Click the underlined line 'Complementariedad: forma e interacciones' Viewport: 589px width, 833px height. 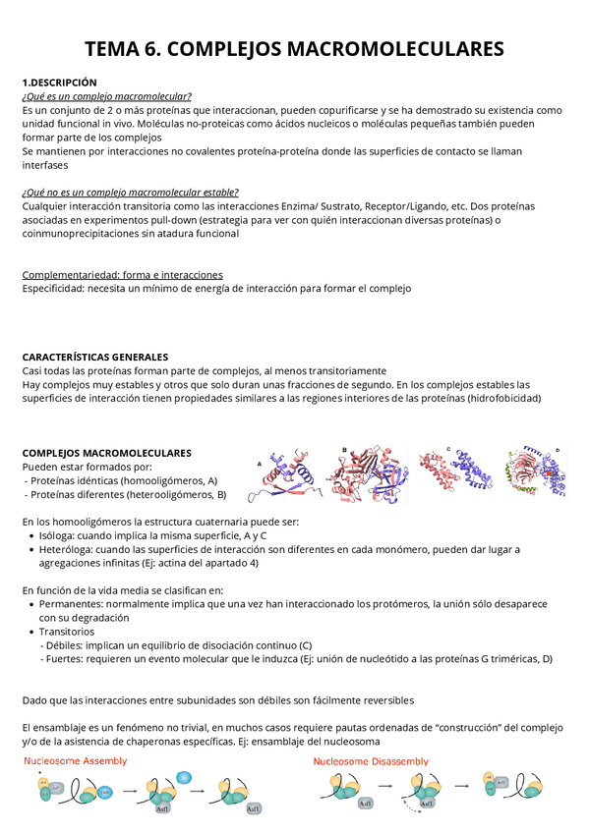(122, 275)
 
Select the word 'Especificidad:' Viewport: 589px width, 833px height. (53, 289)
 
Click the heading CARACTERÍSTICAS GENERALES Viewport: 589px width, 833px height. (95, 358)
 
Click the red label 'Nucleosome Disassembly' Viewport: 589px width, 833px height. (371, 760)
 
